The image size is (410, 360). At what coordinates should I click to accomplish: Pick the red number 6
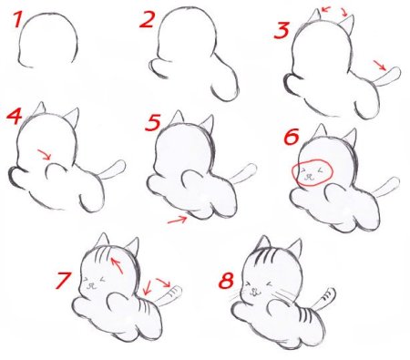pos(292,137)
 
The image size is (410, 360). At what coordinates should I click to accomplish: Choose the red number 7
pos(63,280)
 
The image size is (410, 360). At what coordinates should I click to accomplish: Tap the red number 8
pos(225,280)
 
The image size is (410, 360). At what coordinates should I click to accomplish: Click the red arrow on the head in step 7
pos(118,266)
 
